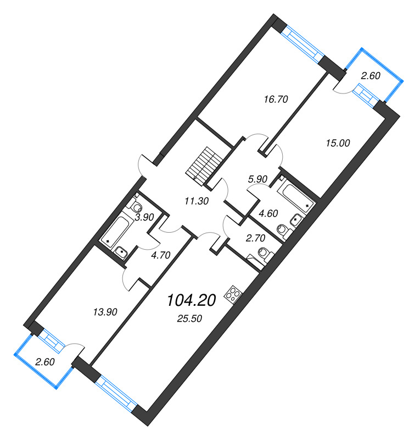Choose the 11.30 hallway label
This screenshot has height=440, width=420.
(196, 201)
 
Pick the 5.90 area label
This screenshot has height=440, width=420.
(257, 178)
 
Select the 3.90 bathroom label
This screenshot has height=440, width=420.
(144, 217)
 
